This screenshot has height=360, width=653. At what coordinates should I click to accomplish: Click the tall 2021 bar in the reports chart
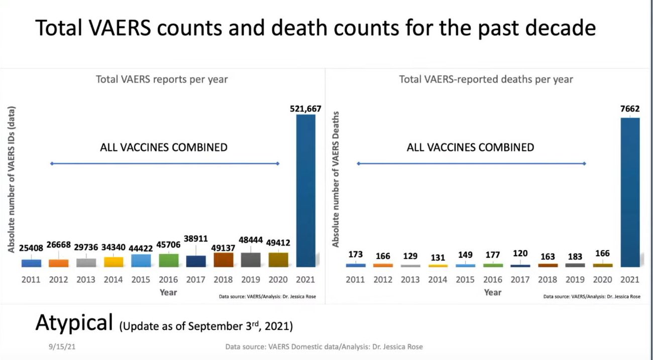pos(305,191)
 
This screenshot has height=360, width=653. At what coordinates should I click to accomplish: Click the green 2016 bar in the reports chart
pos(168,260)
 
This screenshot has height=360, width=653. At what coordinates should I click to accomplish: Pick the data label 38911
pos(196,239)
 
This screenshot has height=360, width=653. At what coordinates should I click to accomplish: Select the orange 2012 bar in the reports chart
pos(58,263)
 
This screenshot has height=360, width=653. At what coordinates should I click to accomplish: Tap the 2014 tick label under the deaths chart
pos(438,279)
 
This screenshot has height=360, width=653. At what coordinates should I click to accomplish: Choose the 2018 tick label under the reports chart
pos(224,280)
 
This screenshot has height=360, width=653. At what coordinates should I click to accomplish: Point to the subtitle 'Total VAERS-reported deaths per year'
pos(486,79)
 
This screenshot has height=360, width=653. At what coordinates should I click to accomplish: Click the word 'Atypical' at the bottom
pos(74,322)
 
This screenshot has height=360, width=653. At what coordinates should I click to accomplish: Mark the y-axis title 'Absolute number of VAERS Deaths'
pos(336,179)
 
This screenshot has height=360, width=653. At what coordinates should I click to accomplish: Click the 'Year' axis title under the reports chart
pos(168,292)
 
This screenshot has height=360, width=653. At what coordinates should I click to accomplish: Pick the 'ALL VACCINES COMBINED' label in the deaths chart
pos(470,148)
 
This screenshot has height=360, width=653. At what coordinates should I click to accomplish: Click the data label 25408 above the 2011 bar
pos(31,248)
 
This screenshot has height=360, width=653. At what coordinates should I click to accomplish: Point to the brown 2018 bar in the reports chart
pos(223,260)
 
